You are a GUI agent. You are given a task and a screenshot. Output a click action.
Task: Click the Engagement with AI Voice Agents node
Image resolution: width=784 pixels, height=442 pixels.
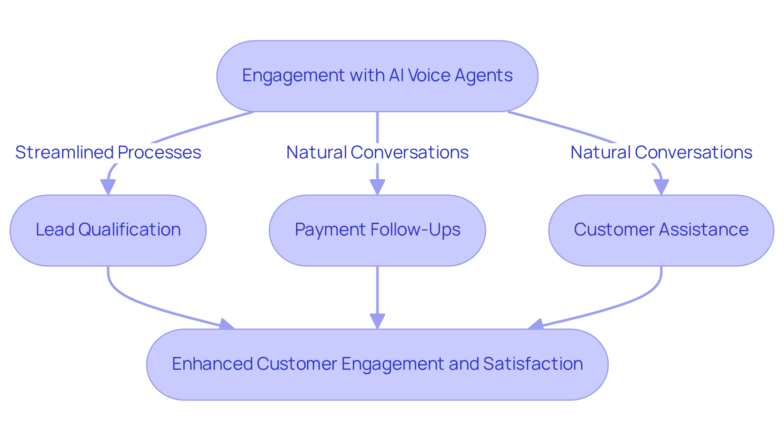tap(377, 76)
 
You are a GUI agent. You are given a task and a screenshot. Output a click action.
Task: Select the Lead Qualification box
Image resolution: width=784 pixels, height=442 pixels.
tap(108, 230)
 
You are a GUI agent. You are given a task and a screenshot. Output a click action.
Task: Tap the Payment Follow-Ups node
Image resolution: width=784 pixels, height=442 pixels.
tap(377, 230)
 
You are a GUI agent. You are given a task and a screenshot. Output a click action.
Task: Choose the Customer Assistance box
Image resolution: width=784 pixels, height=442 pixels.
tap(661, 230)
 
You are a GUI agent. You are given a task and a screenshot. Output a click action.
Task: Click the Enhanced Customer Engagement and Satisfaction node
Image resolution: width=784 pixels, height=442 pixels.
tap(377, 364)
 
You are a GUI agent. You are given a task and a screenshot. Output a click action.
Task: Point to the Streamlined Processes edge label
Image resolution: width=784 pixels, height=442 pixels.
tap(108, 153)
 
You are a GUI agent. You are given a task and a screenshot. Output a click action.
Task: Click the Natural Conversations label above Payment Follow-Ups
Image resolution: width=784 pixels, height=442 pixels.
tap(377, 153)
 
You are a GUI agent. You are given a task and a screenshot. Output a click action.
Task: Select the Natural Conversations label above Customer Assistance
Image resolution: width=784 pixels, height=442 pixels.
tap(661, 153)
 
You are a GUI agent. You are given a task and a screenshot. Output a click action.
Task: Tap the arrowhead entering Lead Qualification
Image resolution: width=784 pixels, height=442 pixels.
tap(108, 188)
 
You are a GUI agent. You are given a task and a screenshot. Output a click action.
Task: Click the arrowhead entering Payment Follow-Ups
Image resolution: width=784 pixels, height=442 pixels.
tap(377, 188)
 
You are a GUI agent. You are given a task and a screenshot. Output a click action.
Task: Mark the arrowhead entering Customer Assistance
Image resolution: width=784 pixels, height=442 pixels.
tap(661, 188)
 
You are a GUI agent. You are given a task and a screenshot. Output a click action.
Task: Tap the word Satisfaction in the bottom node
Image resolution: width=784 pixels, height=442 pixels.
tap(532, 364)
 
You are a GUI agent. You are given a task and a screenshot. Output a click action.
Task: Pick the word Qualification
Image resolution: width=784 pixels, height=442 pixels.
tap(129, 230)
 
